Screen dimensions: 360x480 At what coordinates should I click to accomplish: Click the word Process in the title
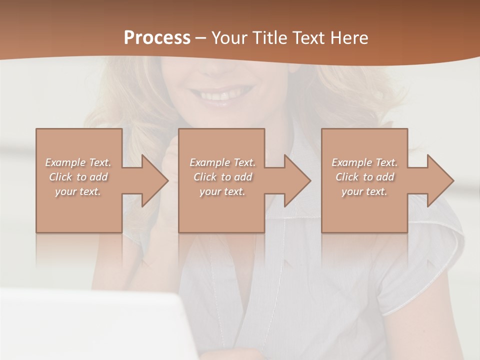tap(157, 37)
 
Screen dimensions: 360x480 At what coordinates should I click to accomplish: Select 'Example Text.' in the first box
tap(78, 162)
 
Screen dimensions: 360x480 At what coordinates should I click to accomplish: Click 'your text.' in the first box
tap(78, 191)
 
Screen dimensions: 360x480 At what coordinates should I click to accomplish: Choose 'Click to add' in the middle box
tap(222, 177)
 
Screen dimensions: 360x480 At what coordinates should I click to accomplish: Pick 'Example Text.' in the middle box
tap(222, 162)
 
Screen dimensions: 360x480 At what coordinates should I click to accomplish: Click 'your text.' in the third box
tap(364, 191)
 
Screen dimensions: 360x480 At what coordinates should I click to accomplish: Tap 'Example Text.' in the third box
tap(364, 162)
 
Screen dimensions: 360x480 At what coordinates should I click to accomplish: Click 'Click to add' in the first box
tap(78, 177)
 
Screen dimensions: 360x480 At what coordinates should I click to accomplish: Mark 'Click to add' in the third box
tap(364, 177)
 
